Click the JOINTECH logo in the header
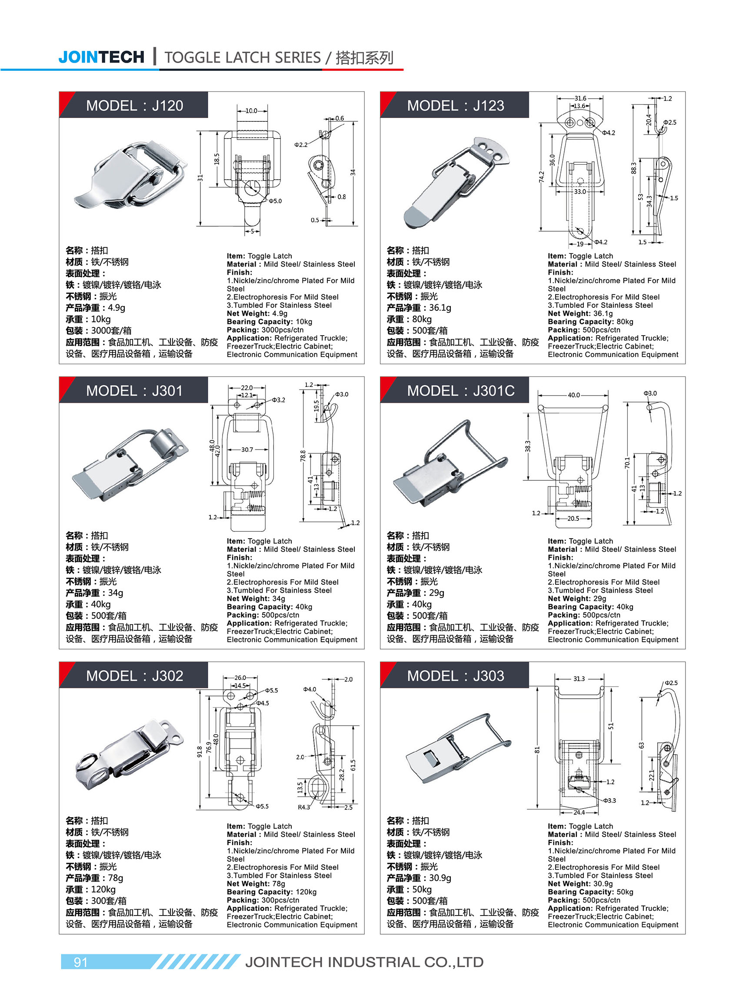pos(101,57)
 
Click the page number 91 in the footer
pos(80,962)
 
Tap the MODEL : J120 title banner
pos(134,106)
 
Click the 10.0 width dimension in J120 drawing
pos(251,111)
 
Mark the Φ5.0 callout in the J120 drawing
pos(275,201)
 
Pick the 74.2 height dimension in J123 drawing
pos(542,177)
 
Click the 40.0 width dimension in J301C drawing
pos(574,395)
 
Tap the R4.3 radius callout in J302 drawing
pos(303,807)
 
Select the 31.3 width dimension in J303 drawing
pos(579,679)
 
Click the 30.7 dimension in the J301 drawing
pos(247,450)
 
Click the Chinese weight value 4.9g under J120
pos(117,307)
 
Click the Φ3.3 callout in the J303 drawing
pos(609,800)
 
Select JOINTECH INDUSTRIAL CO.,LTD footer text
pos(364,962)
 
